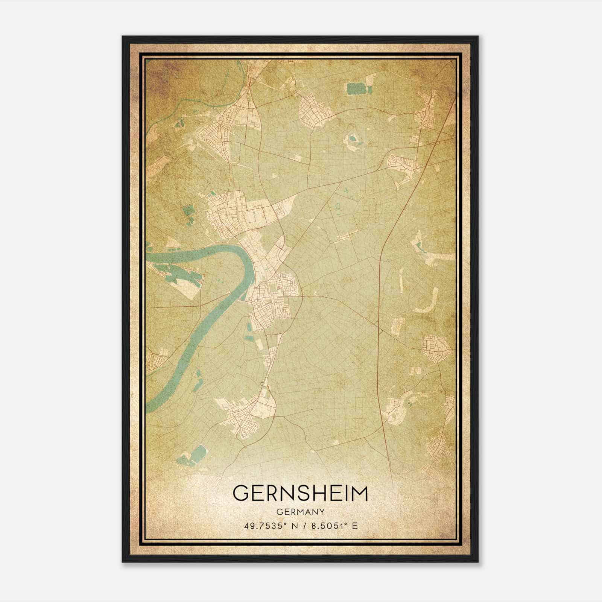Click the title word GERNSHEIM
point(300,493)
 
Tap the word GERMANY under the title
point(300,512)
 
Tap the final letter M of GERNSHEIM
point(359,493)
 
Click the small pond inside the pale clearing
point(352,138)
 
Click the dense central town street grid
point(273,297)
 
